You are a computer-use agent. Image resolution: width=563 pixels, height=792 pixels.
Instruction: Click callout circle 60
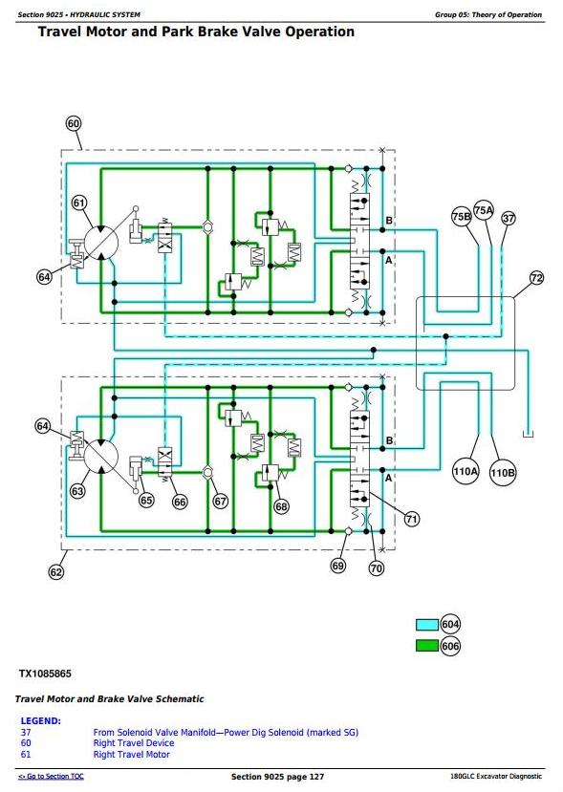[74, 124]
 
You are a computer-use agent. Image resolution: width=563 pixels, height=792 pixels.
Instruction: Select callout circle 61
[78, 203]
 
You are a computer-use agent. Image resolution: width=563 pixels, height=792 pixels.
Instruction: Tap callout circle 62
[56, 571]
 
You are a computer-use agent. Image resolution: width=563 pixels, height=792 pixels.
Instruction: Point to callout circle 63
[77, 490]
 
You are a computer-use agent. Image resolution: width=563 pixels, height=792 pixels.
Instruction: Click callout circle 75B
[461, 217]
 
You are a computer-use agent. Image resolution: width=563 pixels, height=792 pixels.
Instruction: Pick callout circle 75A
[484, 209]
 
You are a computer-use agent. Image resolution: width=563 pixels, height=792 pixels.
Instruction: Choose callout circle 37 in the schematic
[509, 218]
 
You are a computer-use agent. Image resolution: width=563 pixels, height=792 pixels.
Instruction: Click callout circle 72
[536, 278]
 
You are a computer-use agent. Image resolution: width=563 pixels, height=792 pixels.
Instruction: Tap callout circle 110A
[466, 472]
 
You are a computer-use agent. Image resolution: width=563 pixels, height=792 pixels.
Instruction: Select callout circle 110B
[503, 473]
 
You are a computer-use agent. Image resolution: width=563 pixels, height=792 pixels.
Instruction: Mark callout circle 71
[412, 519]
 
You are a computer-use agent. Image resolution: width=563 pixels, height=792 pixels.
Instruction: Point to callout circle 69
[338, 566]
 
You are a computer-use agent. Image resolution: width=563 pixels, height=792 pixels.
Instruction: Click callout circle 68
[281, 506]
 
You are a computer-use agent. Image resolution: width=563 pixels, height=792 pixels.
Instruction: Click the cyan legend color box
[427, 625]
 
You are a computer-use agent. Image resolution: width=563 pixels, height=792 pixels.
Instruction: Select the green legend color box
[427, 646]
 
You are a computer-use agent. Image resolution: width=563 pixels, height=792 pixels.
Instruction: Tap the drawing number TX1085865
[45, 674]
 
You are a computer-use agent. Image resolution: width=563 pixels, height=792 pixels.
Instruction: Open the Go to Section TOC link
[51, 777]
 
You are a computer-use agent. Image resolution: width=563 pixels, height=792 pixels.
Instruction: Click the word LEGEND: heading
[40, 720]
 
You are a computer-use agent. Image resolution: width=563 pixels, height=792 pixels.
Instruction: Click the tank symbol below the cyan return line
[528, 434]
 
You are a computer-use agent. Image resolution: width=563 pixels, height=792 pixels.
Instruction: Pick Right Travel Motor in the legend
[131, 754]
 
